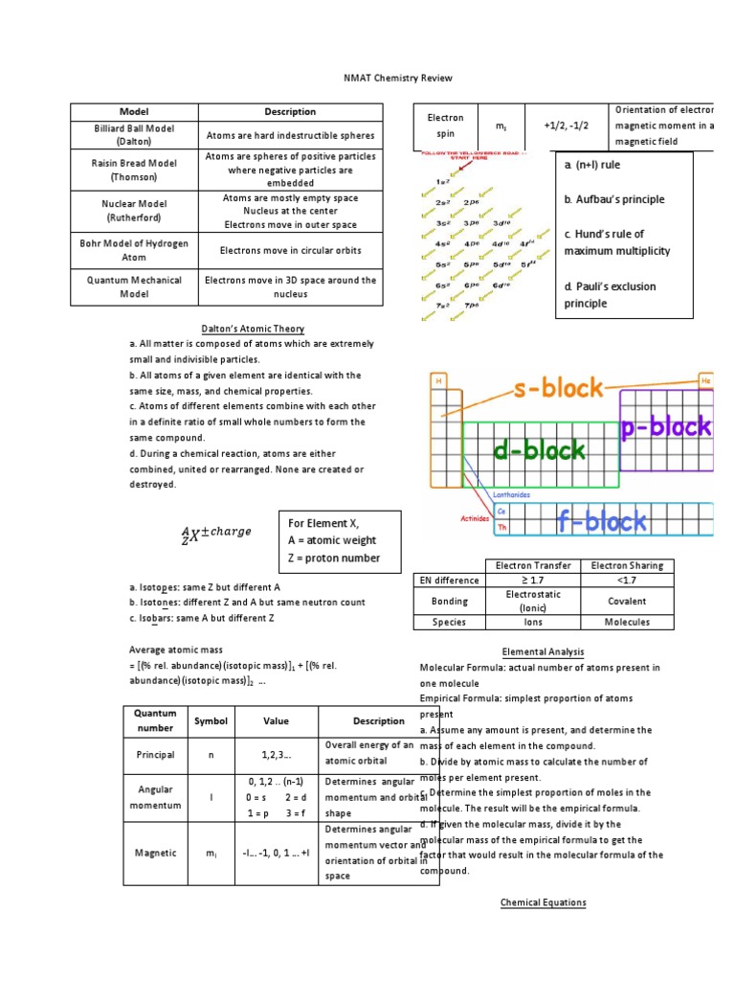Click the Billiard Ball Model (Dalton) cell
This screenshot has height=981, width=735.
(x=134, y=134)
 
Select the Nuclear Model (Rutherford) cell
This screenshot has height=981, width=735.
(x=134, y=211)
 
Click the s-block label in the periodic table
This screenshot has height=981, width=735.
(x=559, y=388)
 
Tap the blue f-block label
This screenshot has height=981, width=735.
(x=602, y=521)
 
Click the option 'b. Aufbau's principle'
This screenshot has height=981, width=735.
(x=613, y=199)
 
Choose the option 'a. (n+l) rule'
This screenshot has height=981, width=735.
(x=592, y=165)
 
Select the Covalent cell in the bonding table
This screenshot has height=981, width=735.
(x=627, y=601)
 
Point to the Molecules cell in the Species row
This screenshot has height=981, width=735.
(x=627, y=622)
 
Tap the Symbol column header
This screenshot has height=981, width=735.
(x=211, y=720)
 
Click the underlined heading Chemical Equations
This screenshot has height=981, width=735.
(x=543, y=902)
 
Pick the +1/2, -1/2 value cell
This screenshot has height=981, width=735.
(x=567, y=125)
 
